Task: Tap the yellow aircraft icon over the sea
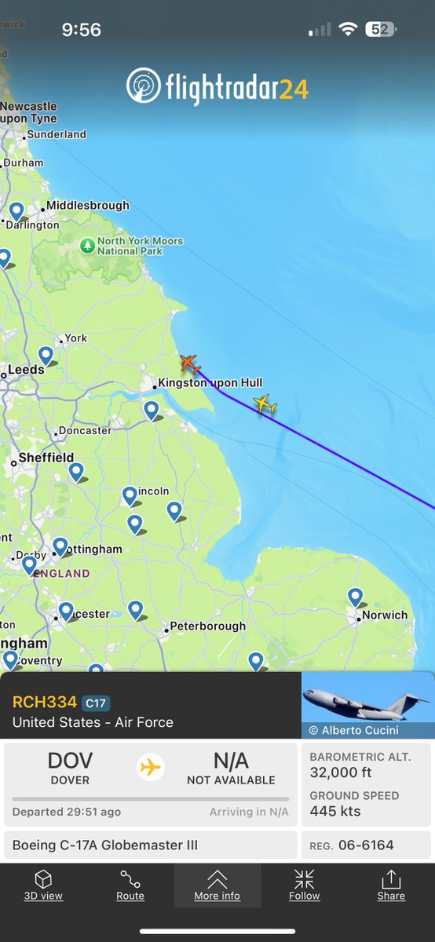coord(265,403)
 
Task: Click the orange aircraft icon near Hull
coord(189,364)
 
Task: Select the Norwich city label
coord(385,615)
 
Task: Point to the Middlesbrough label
coord(87,206)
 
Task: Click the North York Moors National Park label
coord(140,246)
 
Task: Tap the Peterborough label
coord(208,626)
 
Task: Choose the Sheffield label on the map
coord(46,458)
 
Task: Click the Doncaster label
coord(84,430)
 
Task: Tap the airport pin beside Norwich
coord(355,597)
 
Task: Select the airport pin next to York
coord(46,356)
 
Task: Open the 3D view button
coord(43,885)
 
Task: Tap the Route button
coord(130,885)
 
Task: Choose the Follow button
coord(304,885)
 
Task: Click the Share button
coord(391,885)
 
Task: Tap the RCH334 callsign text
coord(45,702)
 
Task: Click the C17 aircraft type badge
coord(96,703)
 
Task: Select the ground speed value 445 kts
coord(335,811)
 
